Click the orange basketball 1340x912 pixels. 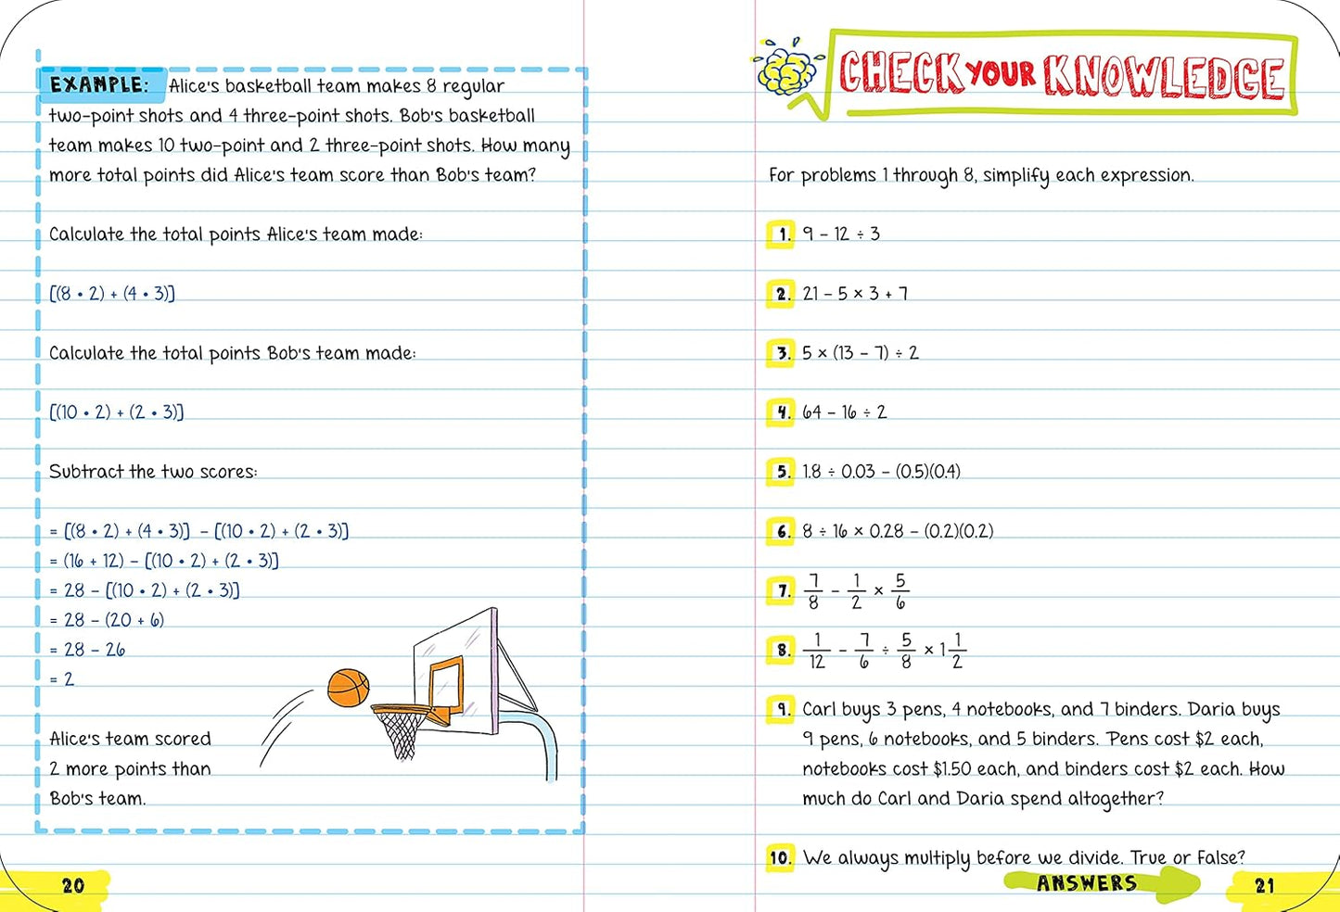click(x=348, y=688)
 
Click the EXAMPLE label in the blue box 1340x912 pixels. click(x=99, y=84)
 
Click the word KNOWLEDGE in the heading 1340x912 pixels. click(x=1165, y=76)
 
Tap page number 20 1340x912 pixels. click(x=73, y=885)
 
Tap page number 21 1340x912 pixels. click(x=1265, y=886)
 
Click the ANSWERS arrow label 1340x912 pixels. click(x=1087, y=883)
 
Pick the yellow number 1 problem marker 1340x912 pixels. click(x=782, y=234)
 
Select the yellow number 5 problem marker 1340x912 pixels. click(x=782, y=472)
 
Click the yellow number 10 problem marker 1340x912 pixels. click(x=780, y=857)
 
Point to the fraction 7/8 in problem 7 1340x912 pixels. click(x=813, y=591)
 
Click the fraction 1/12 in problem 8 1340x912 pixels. click(x=816, y=651)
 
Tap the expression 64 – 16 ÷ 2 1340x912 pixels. click(x=844, y=412)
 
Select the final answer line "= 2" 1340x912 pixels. click(x=61, y=679)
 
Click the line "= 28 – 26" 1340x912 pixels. click(x=87, y=650)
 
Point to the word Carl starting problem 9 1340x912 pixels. click(x=819, y=710)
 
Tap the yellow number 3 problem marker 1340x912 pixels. click(x=782, y=352)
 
